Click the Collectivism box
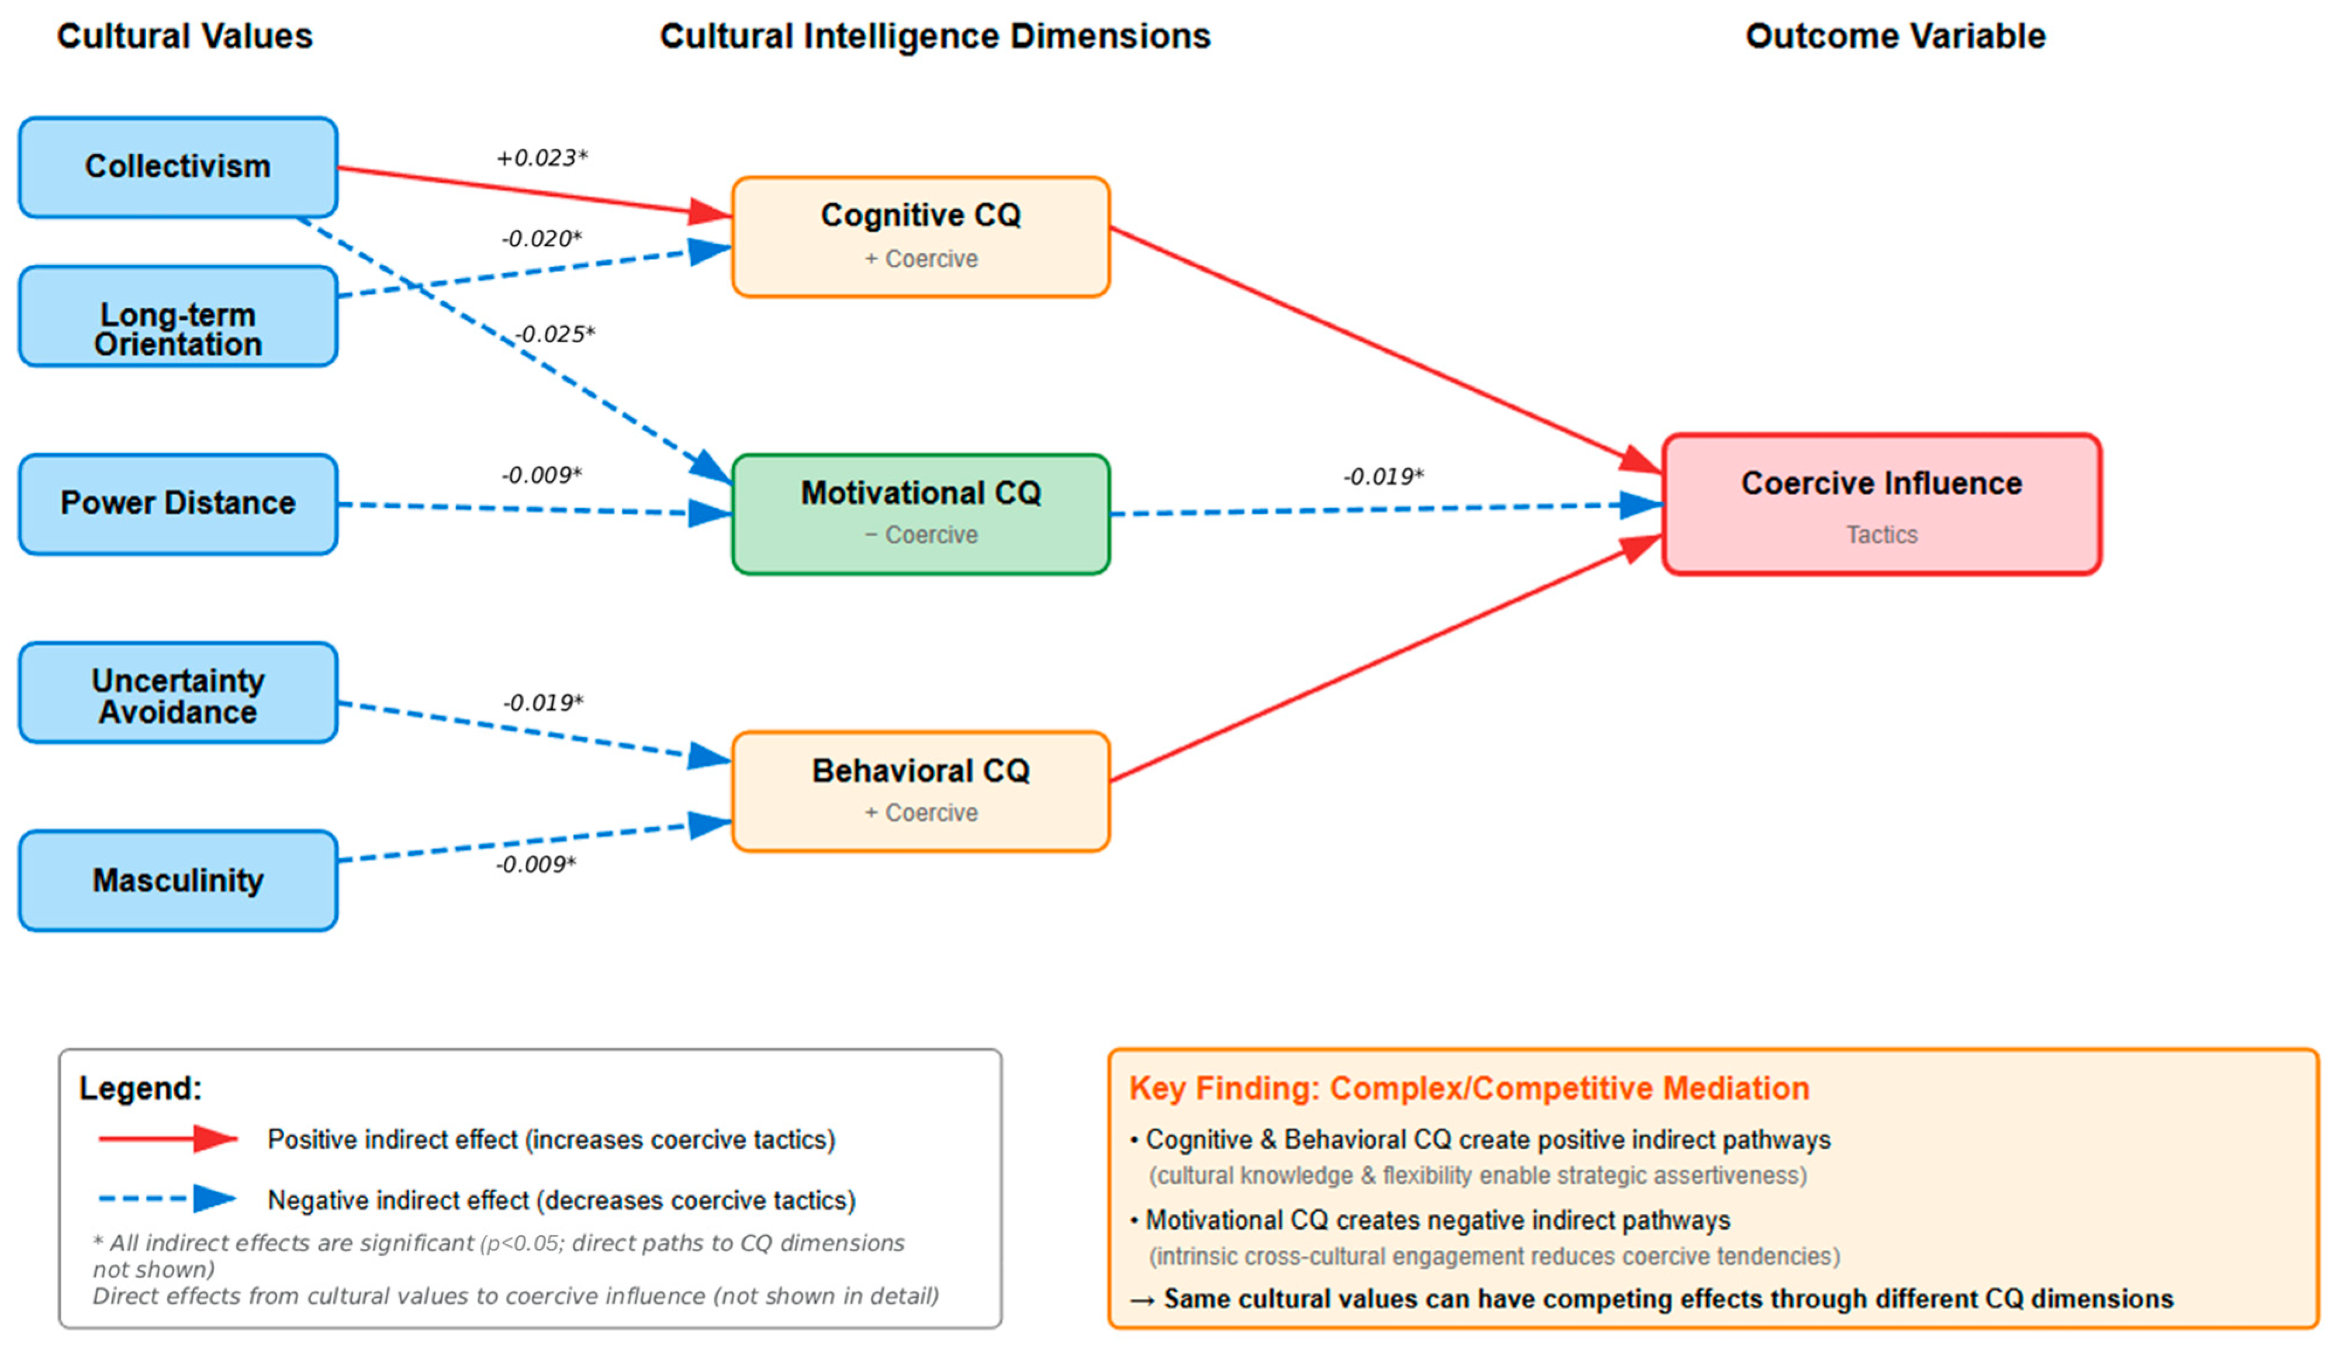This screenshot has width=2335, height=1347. pyautogui.click(x=178, y=167)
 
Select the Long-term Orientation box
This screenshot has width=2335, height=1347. pyautogui.click(x=178, y=316)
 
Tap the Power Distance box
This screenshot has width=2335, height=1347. pyautogui.click(x=178, y=504)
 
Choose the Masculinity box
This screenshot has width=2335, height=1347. pyautogui.click(x=178, y=880)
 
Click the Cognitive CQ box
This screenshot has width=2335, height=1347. pyautogui.click(x=920, y=237)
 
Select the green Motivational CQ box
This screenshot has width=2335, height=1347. pyautogui.click(x=920, y=514)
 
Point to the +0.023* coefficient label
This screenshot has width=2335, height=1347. pyautogui.click(x=542, y=158)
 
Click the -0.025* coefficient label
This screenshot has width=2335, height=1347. pyautogui.click(x=554, y=334)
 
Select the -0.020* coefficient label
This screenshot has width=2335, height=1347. pyautogui.click(x=542, y=239)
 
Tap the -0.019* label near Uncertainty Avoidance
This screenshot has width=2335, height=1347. pyautogui.click(x=543, y=703)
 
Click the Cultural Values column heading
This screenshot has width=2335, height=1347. pyautogui.click(x=185, y=36)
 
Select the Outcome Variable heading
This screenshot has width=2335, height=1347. pyautogui.click(x=1895, y=36)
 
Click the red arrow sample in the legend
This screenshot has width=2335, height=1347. pyautogui.click(x=167, y=1139)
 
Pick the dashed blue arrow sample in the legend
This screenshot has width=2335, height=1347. pyautogui.click(x=167, y=1199)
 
